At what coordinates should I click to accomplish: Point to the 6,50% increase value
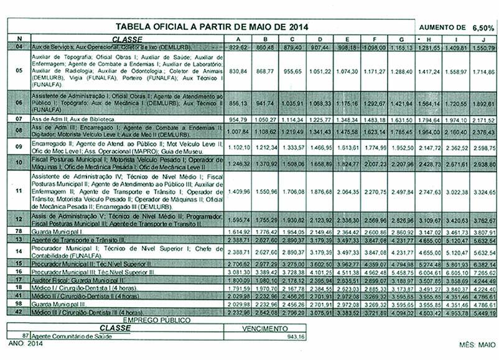point(483,28)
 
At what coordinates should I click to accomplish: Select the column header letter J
point(483,39)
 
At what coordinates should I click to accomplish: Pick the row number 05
point(19,71)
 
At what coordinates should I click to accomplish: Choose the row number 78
point(19,231)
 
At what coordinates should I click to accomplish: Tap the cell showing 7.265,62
point(483,272)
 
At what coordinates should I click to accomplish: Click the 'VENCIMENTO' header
point(264,327)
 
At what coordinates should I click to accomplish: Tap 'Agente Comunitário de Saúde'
point(72,336)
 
